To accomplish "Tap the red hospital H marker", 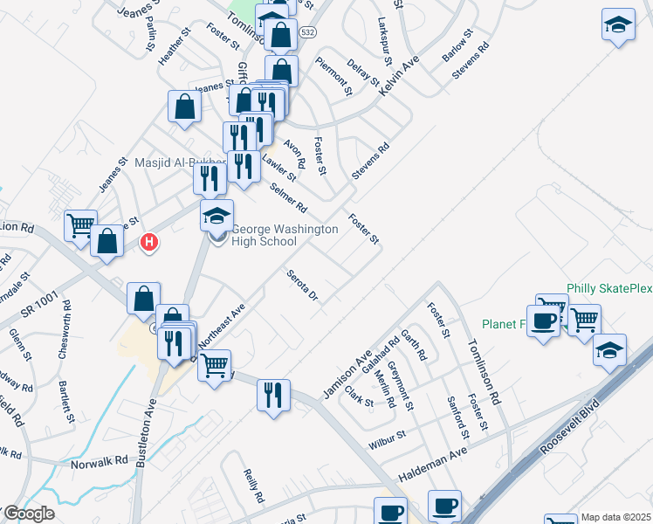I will pyautogui.click(x=150, y=242).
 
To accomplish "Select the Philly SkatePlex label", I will pyautogui.click(x=608, y=288).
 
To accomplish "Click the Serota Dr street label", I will pyautogui.click(x=303, y=286).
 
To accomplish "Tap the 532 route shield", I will pyautogui.click(x=306, y=31).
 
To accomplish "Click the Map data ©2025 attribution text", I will pyautogui.click(x=615, y=517).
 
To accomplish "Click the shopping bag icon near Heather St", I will pyautogui.click(x=186, y=108).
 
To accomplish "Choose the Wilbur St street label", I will pyautogui.click(x=388, y=435).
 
